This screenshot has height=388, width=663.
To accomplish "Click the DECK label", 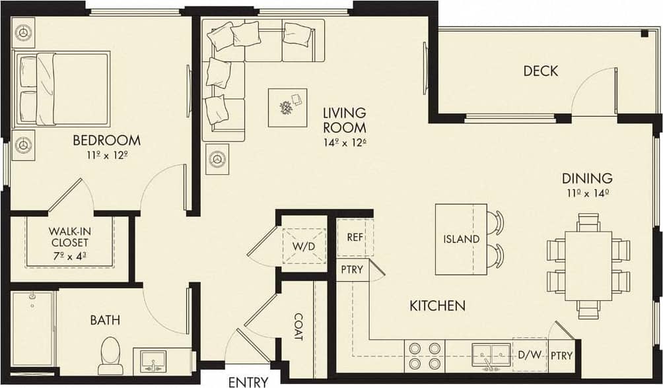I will pyautogui.click(x=541, y=71).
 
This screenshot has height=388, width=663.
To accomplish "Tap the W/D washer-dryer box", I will pyautogui.click(x=304, y=246).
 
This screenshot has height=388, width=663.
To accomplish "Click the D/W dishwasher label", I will pyautogui.click(x=529, y=356).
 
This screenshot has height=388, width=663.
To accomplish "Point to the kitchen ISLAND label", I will pyautogui.click(x=461, y=239).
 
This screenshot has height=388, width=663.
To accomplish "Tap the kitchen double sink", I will pyautogui.click(x=491, y=355).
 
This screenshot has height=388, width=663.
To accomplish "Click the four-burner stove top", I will pyautogui.click(x=425, y=356).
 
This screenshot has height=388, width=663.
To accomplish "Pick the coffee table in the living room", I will pyautogui.click(x=287, y=108).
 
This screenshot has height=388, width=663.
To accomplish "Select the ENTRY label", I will pyautogui.click(x=248, y=381).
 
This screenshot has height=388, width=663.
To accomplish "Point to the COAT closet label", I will pyautogui.click(x=298, y=327).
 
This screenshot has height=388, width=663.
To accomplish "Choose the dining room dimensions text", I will pyautogui.click(x=586, y=193).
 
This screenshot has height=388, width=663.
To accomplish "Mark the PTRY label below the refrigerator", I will pyautogui.click(x=351, y=269).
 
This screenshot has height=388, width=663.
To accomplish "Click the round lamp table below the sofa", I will pyautogui.click(x=217, y=159).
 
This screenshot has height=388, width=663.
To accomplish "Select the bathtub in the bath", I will pyautogui.click(x=32, y=328).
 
